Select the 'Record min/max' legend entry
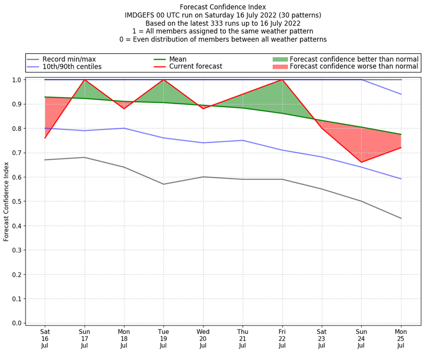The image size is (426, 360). pos(69,59)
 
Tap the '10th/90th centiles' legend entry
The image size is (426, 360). pos(72,67)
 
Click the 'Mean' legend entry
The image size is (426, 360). pos(178,59)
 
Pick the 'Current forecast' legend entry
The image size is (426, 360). pos(195,67)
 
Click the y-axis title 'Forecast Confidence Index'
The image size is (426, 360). pos(6,201)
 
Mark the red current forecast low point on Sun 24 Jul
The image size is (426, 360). pos(362,162)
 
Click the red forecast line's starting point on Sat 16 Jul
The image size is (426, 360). pos(45,138)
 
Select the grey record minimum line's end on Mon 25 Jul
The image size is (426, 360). pos(401,218)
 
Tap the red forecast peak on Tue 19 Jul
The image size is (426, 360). pos(163,80)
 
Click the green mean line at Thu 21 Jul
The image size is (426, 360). pos(243,108)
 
